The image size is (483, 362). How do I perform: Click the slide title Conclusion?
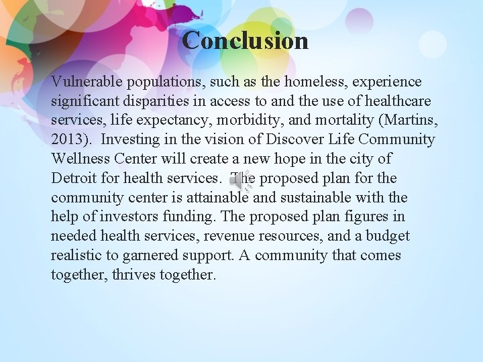pyautogui.click(x=245, y=40)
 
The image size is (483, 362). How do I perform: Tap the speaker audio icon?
pyautogui.click(x=239, y=180)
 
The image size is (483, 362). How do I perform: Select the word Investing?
pyautogui.click(x=131, y=140)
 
